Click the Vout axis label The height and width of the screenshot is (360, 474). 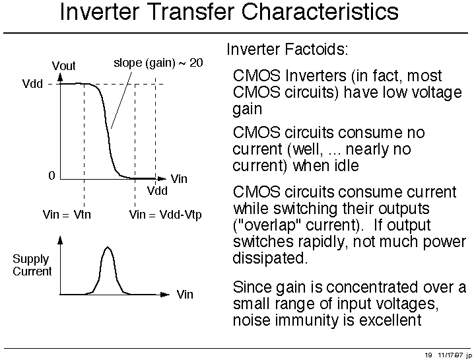point(63,65)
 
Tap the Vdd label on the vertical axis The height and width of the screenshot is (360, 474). point(32,83)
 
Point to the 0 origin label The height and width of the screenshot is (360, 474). point(52,176)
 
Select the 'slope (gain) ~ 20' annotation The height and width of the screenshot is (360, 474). point(158,63)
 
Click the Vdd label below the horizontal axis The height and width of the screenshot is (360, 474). point(157,191)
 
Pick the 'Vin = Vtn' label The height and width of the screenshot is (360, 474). point(67,215)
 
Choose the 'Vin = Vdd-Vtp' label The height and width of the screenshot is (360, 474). point(165,215)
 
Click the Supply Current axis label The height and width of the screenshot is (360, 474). point(32,265)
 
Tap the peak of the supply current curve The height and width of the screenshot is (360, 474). point(108,248)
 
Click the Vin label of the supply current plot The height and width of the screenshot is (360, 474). point(185,294)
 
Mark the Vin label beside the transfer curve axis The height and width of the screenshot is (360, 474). point(179,179)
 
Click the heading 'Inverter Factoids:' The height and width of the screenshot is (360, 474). point(287,50)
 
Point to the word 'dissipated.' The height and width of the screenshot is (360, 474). point(270,258)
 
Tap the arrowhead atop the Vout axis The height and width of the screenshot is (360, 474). point(61,78)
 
